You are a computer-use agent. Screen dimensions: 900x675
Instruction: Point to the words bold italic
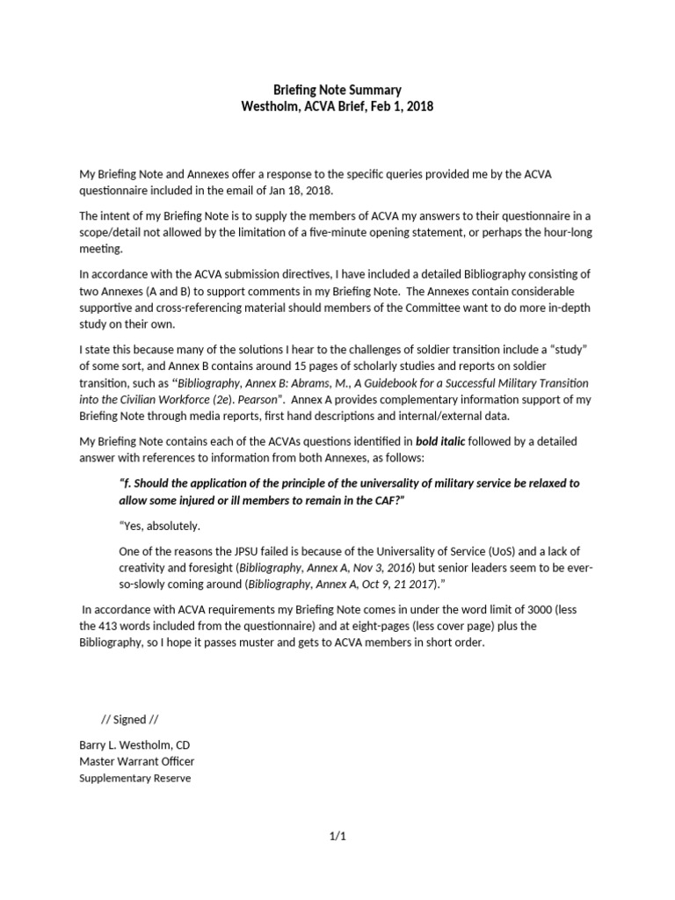[477, 440]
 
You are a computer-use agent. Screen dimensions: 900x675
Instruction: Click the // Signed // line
[130, 719]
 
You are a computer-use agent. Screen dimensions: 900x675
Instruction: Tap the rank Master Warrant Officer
[137, 761]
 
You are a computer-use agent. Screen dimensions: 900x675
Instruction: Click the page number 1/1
[337, 836]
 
